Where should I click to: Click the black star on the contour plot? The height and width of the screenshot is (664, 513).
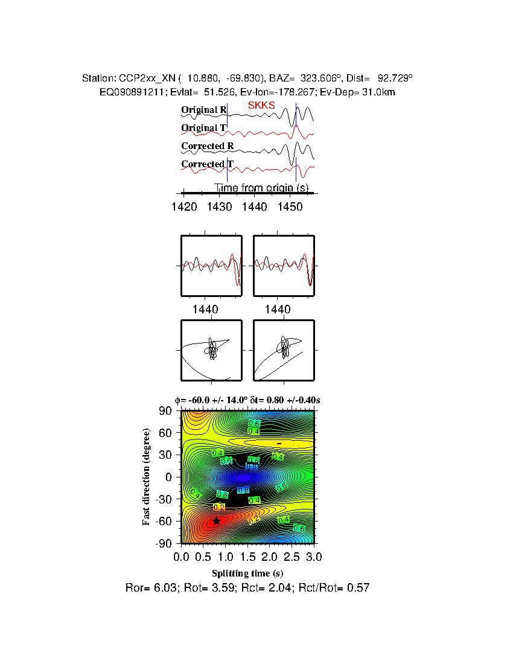click(x=216, y=521)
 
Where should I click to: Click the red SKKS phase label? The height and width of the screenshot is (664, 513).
click(x=261, y=106)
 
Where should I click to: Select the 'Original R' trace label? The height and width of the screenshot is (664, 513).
click(x=203, y=110)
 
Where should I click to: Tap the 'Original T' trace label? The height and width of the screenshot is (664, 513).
click(x=203, y=128)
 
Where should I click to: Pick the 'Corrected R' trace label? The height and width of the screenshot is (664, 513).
click(x=207, y=146)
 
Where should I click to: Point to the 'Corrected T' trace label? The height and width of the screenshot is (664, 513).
click(x=207, y=164)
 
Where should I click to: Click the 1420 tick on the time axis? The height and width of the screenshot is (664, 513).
click(x=184, y=207)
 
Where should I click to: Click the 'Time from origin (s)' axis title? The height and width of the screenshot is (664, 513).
click(x=262, y=188)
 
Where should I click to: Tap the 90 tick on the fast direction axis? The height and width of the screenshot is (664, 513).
click(x=166, y=411)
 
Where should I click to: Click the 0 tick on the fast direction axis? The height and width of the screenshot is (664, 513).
click(x=170, y=477)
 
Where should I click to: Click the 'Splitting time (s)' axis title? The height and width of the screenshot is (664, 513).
click(x=247, y=573)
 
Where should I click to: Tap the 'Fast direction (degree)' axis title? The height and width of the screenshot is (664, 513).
click(x=147, y=477)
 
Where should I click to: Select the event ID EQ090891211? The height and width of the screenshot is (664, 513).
click(x=126, y=92)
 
